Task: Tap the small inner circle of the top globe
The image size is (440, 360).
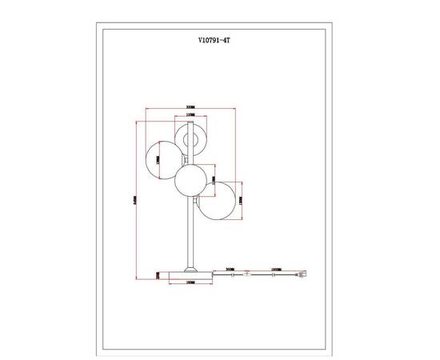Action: click(190, 142)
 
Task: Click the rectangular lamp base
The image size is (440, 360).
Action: click(190, 274)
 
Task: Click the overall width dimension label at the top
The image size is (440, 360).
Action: click(190, 107)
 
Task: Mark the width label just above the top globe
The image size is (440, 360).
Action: click(190, 117)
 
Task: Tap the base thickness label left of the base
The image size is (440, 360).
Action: click(158, 274)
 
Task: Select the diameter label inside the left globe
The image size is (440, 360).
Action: click(158, 160)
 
